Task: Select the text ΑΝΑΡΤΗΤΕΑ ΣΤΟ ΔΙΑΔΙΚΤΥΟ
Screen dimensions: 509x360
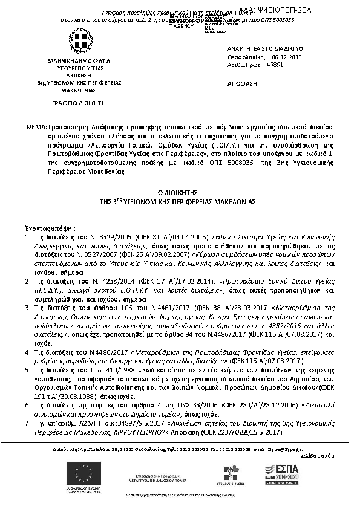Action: click(257, 48)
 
